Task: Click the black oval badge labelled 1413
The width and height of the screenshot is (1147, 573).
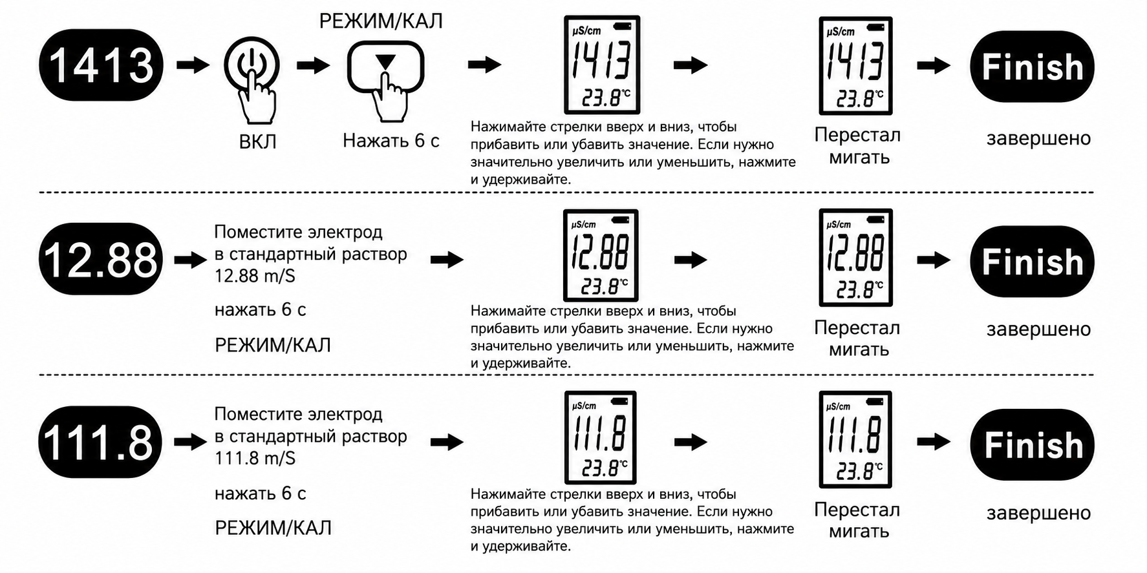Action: [x=101, y=65]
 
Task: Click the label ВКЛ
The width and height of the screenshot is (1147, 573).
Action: [x=258, y=141]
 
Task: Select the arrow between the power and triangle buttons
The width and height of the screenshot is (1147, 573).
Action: [x=314, y=65]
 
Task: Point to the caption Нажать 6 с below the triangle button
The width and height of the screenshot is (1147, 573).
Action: [x=391, y=140]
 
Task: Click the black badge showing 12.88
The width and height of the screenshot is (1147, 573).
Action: [x=101, y=259]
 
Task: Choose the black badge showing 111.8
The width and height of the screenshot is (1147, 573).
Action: [x=100, y=442]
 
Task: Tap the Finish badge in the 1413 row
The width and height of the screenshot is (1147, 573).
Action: [x=1032, y=67]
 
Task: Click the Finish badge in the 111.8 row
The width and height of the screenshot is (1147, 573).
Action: [x=1032, y=444]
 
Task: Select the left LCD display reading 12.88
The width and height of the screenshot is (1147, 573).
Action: [x=601, y=255]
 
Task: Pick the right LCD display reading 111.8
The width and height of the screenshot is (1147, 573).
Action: [x=855, y=439]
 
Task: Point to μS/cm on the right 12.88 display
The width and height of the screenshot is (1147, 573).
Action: [x=839, y=225]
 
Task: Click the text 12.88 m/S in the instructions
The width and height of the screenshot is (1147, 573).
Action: [x=255, y=276]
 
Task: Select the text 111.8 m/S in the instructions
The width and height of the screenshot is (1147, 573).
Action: [x=255, y=459]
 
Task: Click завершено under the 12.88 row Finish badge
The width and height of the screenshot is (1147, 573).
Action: [x=1038, y=329]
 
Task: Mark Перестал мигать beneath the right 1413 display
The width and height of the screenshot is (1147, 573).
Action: [x=857, y=146]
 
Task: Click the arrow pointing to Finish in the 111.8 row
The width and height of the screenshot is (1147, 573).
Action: [x=934, y=442]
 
